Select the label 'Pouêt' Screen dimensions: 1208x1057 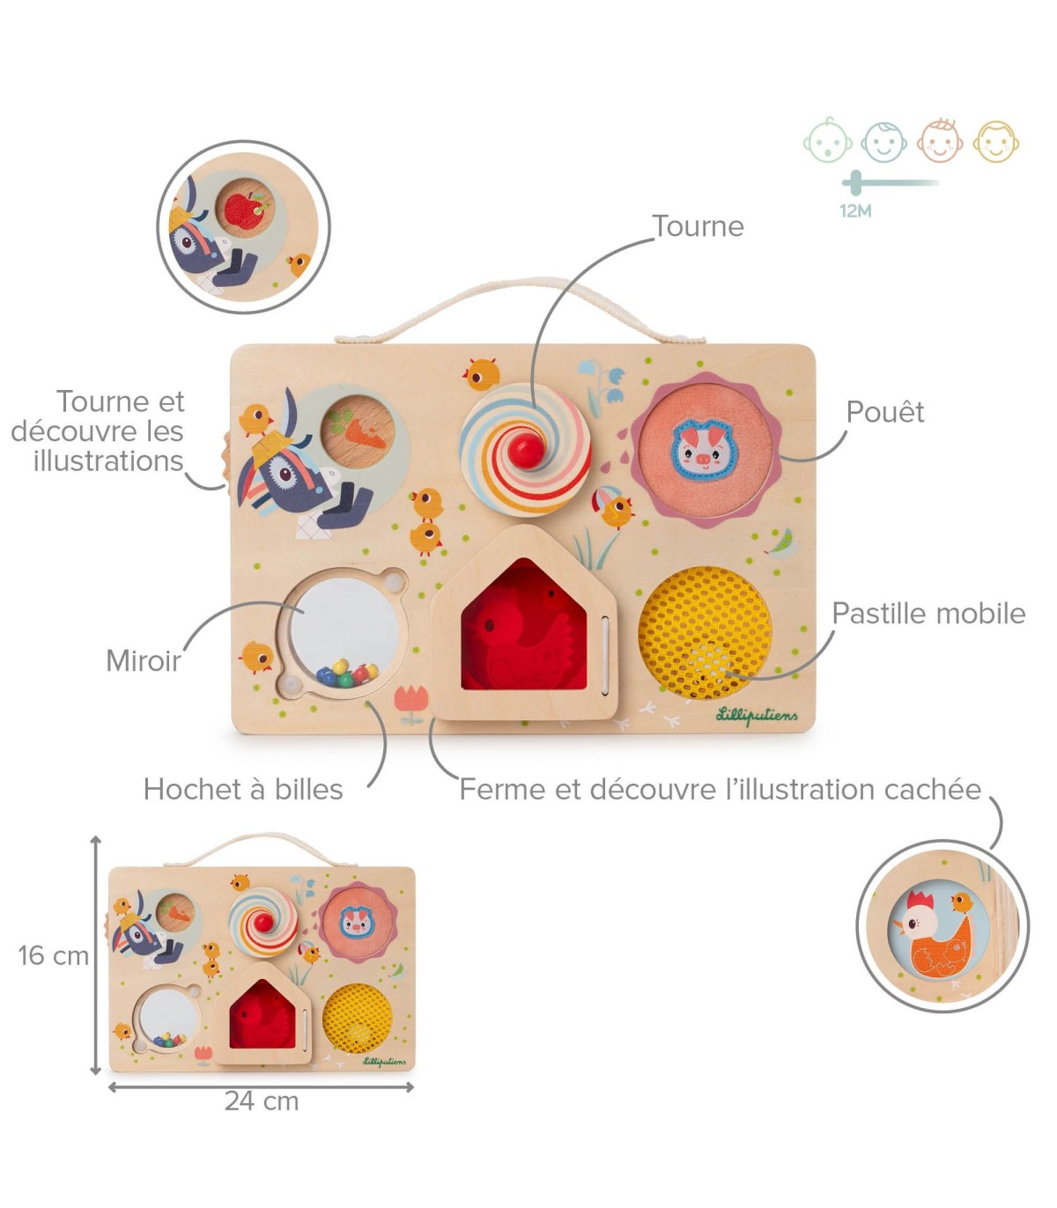(884, 412)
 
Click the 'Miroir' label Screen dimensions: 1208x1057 (143, 660)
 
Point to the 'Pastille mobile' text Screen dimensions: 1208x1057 (928, 614)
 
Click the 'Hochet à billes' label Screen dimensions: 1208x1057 (243, 789)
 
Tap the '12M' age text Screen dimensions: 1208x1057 (855, 211)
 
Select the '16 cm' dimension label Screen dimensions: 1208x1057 (53, 955)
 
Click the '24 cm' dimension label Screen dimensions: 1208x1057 (262, 1101)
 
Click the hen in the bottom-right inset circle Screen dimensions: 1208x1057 (937, 940)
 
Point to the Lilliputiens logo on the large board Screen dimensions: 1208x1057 (758, 715)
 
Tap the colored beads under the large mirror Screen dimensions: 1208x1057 (346, 675)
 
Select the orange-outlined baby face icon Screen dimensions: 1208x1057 (940, 141)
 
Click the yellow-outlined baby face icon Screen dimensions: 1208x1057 (995, 141)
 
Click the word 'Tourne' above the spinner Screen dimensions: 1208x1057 (698, 226)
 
